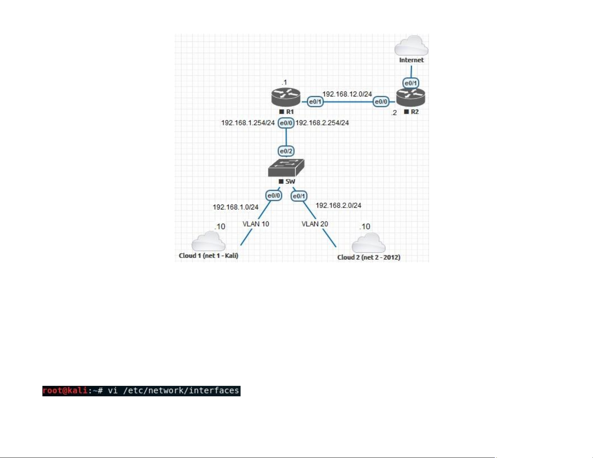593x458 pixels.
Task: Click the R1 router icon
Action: click(286, 97)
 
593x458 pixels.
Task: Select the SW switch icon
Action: click(286, 168)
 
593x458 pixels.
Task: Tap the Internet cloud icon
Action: click(411, 46)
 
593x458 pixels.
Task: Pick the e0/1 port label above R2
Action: click(411, 83)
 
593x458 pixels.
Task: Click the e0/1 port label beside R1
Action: click(315, 102)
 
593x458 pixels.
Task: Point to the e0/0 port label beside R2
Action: click(381, 102)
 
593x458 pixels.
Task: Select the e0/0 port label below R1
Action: click(286, 123)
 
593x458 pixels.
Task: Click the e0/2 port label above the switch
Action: click(286, 151)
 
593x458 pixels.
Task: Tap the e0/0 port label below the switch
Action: click(273, 196)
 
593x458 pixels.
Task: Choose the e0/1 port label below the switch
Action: click(299, 196)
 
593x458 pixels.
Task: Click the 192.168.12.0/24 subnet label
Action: click(347, 94)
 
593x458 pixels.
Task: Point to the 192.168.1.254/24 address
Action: click(248, 123)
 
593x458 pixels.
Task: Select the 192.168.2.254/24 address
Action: click(322, 123)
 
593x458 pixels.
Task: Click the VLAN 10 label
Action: click(256, 224)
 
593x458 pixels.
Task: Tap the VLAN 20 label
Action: click(315, 224)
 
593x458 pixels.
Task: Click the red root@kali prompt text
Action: click(65, 391)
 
